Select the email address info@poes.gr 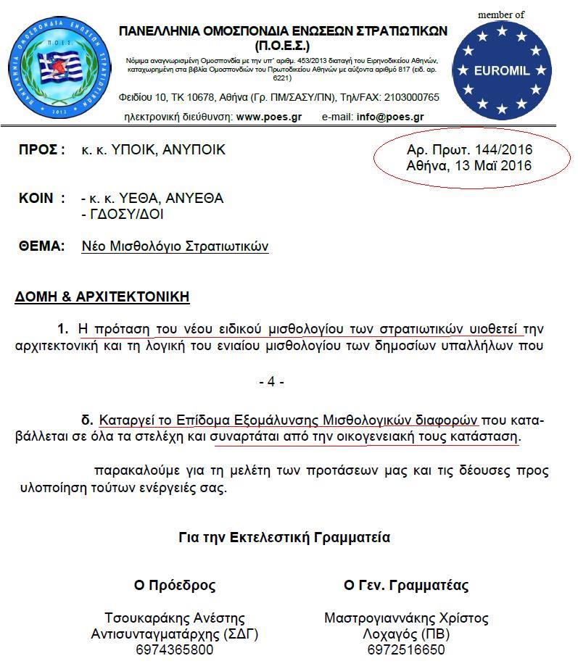(390, 116)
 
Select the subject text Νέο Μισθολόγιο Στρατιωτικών (176, 246)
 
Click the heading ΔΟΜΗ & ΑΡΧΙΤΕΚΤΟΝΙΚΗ (102, 297)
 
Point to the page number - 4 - (271, 381)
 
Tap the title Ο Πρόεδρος (175, 585)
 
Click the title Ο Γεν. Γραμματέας (406, 585)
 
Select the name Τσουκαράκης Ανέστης (175, 618)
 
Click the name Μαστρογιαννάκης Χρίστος (406, 618)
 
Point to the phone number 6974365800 (175, 649)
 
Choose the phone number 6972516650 (406, 649)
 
